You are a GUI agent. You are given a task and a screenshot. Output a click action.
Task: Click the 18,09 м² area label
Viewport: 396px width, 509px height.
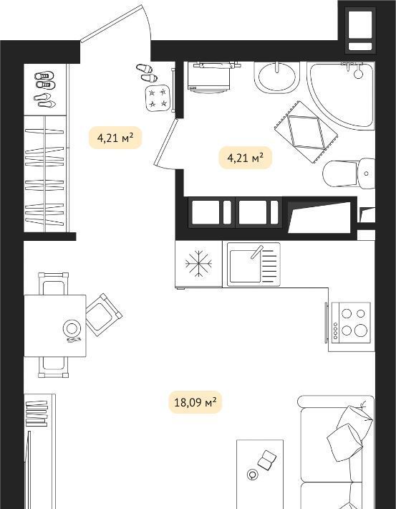click(195, 402)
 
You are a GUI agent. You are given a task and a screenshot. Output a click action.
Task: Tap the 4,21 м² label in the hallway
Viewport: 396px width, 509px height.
click(115, 138)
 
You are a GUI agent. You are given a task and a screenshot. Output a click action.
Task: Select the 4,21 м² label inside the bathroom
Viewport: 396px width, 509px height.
click(245, 158)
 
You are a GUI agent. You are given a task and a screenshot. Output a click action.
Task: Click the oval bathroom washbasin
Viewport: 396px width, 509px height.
click(277, 77)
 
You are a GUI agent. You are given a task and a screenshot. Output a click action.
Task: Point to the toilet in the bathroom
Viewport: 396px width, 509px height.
click(349, 173)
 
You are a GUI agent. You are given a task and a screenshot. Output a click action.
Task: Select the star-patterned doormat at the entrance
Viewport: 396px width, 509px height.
click(158, 98)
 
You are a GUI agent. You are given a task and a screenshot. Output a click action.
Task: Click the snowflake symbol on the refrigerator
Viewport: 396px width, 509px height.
click(198, 263)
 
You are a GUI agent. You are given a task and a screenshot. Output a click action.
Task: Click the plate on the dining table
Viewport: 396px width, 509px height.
click(72, 328)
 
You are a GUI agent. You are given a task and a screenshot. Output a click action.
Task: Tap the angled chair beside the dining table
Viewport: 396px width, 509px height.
click(104, 315)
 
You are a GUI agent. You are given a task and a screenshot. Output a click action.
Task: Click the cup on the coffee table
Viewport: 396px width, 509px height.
click(252, 475)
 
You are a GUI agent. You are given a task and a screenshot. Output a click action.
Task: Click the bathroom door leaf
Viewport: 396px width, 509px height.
click(166, 142)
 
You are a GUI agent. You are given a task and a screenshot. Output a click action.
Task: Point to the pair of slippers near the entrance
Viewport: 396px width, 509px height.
click(147, 72)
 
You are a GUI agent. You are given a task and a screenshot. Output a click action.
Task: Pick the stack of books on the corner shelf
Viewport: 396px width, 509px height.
click(37, 414)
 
